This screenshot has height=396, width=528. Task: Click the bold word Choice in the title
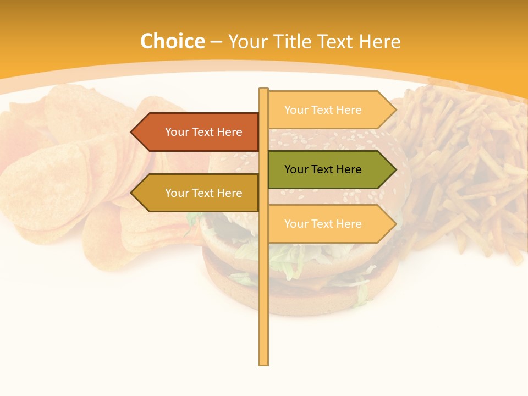point(172,41)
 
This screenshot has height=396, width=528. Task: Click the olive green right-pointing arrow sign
point(330,169)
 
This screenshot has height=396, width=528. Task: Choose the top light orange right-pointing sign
point(330,110)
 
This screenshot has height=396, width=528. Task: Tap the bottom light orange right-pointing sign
point(330,224)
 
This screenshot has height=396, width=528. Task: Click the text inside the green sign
point(323,169)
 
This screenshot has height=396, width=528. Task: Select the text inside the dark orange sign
point(204,132)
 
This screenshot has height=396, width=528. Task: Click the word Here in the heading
point(380,41)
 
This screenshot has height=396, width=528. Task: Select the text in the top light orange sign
point(323,110)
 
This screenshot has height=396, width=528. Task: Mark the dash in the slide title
point(216,42)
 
